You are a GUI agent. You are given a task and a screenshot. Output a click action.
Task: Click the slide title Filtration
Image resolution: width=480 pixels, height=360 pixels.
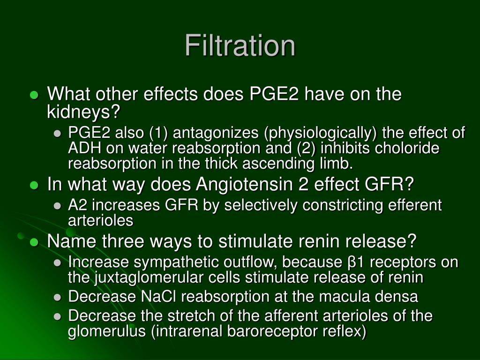point(240,45)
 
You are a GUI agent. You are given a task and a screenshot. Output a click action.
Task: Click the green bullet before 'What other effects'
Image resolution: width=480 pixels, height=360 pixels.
point(34,95)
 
